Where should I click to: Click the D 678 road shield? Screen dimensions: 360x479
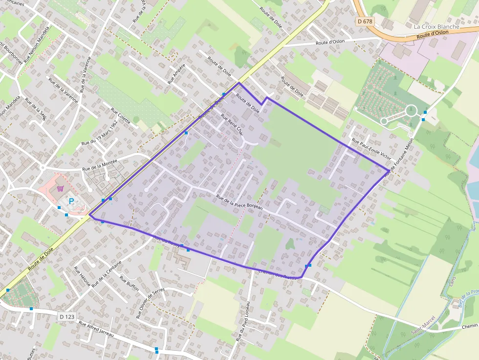(x=364, y=21)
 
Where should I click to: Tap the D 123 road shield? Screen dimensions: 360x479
(x=67, y=317)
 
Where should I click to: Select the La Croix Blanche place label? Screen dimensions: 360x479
(x=436, y=26)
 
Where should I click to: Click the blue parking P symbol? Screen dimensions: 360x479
(x=71, y=201)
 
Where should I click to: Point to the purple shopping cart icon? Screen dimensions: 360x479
(x=60, y=189)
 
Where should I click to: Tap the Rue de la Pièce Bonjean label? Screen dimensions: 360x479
(x=239, y=203)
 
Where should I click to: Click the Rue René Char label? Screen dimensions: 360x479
(x=232, y=124)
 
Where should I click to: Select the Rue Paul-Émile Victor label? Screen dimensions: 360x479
(x=371, y=149)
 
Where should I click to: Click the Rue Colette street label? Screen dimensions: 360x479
(x=121, y=116)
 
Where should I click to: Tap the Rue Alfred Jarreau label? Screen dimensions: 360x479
(x=96, y=330)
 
